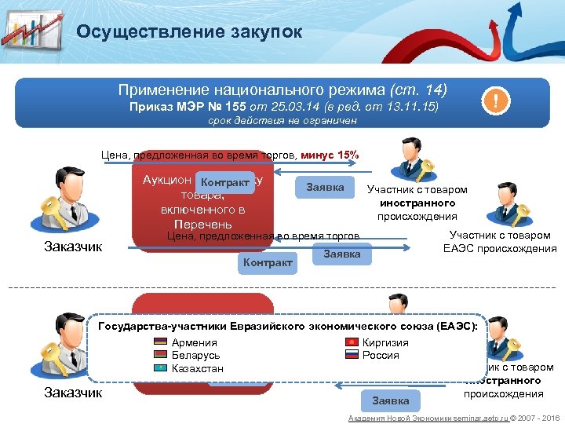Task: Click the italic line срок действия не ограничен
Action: (282, 121)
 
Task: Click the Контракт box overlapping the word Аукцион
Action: (225, 183)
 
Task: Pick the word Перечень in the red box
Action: (202, 224)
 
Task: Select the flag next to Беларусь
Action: (160, 356)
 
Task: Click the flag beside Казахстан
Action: (160, 368)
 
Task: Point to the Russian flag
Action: (350, 356)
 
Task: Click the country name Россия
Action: (381, 356)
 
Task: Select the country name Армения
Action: (194, 343)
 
